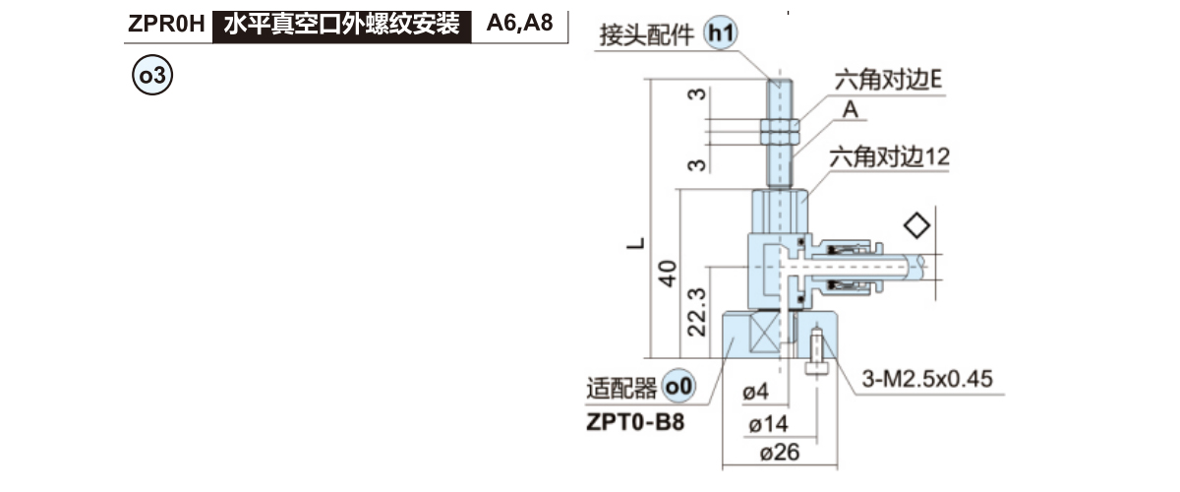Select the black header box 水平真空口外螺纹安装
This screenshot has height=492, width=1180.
pyautogui.click(x=342, y=24)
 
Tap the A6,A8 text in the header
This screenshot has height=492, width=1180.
pyautogui.click(x=520, y=24)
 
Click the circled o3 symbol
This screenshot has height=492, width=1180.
pyautogui.click(x=152, y=75)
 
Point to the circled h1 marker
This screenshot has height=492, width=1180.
pyautogui.click(x=721, y=36)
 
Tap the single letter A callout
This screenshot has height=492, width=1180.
pyautogui.click(x=851, y=112)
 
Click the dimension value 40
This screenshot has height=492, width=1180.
pyautogui.click(x=668, y=273)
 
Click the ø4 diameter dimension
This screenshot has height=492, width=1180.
pyautogui.click(x=755, y=392)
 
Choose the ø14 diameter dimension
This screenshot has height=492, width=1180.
pyautogui.click(x=768, y=424)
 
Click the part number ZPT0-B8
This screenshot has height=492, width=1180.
pyautogui.click(x=634, y=423)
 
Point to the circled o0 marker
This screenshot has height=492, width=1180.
pyautogui.click(x=678, y=387)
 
